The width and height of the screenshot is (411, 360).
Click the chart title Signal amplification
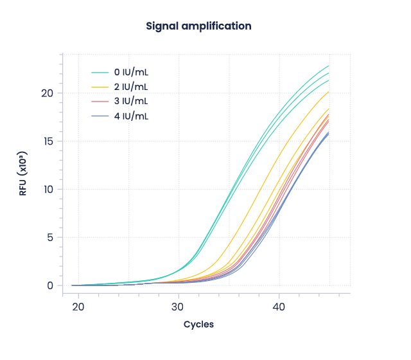pos(198,26)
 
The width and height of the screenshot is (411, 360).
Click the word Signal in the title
pos(162,26)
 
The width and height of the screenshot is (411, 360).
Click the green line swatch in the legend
pos(101,72)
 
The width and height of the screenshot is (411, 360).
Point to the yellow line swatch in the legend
pos(101,87)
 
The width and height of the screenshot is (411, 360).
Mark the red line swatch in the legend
pos(101,102)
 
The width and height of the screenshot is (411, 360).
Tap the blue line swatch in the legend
pos(101,116)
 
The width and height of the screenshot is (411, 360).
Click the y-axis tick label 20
pos(46,93)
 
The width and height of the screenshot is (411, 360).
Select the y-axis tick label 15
pos(46,141)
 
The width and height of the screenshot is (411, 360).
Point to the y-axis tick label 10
pos(46,190)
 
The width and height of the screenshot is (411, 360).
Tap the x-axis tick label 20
pos(78,307)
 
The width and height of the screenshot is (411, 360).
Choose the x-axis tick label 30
pos(179,307)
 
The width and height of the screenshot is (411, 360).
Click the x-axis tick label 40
pos(279,307)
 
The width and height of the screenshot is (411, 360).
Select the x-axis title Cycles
pos(198,325)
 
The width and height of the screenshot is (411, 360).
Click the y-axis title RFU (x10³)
pos(23,174)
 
